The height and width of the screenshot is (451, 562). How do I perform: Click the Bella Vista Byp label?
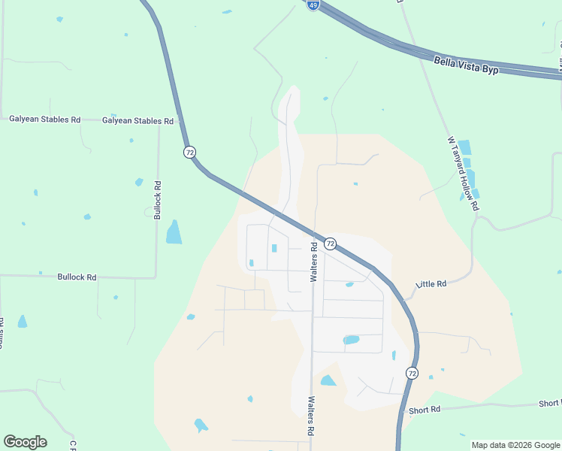467,64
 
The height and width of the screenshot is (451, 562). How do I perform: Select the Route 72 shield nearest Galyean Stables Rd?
189,152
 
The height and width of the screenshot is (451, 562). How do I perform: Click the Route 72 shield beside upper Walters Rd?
330,244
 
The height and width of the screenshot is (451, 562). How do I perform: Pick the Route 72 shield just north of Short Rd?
412,373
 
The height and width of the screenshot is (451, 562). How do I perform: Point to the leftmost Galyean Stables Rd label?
44,120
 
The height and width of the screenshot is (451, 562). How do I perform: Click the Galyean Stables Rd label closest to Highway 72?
137,120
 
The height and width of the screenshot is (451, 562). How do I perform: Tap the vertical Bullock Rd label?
158,199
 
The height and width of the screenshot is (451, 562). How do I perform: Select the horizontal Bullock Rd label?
77,277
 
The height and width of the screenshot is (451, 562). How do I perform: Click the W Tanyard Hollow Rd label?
463,174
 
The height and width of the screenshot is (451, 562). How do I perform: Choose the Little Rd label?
431,284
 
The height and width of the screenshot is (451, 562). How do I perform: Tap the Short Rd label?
425,410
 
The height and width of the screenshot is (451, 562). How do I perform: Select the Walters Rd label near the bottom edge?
309,417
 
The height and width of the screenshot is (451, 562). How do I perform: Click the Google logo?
25,442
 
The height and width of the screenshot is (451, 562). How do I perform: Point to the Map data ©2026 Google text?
515,445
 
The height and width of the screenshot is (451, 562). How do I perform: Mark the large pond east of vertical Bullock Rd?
174,232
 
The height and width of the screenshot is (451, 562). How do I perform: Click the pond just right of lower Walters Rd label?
328,381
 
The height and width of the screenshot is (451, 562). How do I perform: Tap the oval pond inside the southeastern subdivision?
351,340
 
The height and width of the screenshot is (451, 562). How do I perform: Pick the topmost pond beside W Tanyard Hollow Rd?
464,147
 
